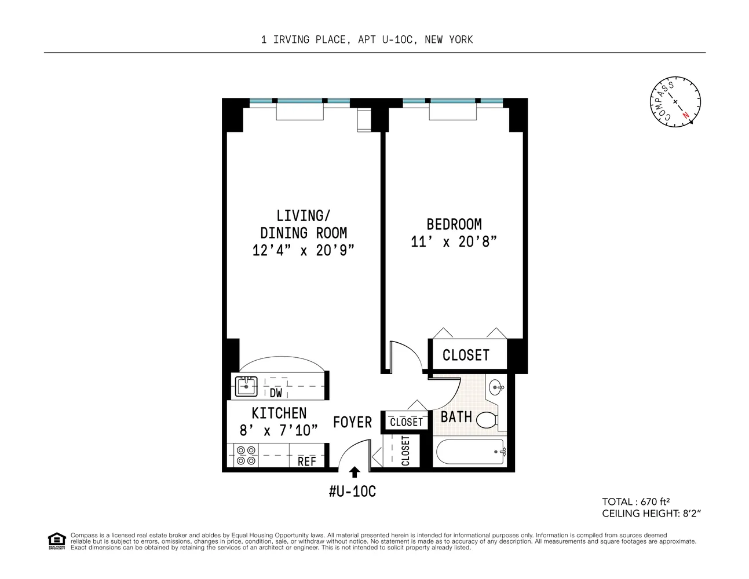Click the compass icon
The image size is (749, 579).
tap(675, 102)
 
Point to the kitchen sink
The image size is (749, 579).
tap(246, 386)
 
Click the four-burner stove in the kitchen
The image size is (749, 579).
tap(246, 455)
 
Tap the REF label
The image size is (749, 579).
tap(306, 461)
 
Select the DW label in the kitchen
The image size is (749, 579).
tap(276, 393)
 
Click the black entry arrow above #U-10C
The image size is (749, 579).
tap(355, 472)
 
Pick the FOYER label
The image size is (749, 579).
tap(352, 423)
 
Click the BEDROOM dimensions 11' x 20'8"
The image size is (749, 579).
tap(454, 242)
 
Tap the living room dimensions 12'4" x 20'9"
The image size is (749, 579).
tap(303, 251)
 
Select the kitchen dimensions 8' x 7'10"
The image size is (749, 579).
tap(279, 431)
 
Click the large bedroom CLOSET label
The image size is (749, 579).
tap(466, 355)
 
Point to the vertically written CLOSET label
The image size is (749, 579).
tap(405, 451)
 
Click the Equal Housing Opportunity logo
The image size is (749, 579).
tap(56, 541)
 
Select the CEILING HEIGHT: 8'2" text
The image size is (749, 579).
tap(653, 514)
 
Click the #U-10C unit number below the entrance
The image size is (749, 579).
tap(352, 492)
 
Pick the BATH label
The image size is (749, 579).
tap(456, 417)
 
